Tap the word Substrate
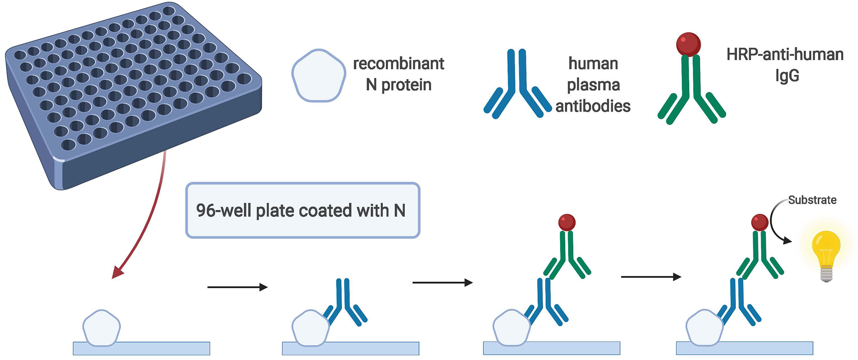[812, 200]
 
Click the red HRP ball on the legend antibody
[688, 45]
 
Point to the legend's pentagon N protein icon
[318, 76]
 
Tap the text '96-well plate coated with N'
[301, 210]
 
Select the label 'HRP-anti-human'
[785, 55]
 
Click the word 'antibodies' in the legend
[592, 106]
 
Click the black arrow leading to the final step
[651, 277]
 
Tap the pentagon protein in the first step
[102, 328]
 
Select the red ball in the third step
[567, 222]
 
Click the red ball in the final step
[760, 223]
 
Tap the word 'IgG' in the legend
[787, 76]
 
